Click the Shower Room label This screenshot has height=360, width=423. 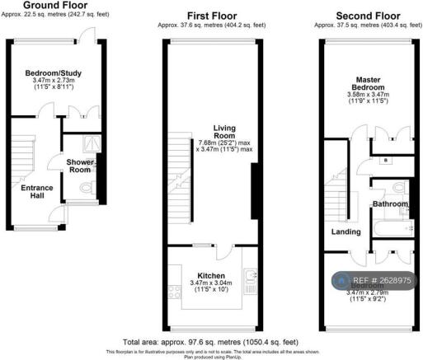(x=80, y=166)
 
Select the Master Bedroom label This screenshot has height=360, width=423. (x=368, y=83)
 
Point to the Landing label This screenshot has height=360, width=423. (x=346, y=232)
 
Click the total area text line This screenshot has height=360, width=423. (x=210, y=341)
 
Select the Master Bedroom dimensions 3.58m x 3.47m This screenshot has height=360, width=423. (x=368, y=95)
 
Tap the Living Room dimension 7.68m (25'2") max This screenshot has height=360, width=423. (x=224, y=141)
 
